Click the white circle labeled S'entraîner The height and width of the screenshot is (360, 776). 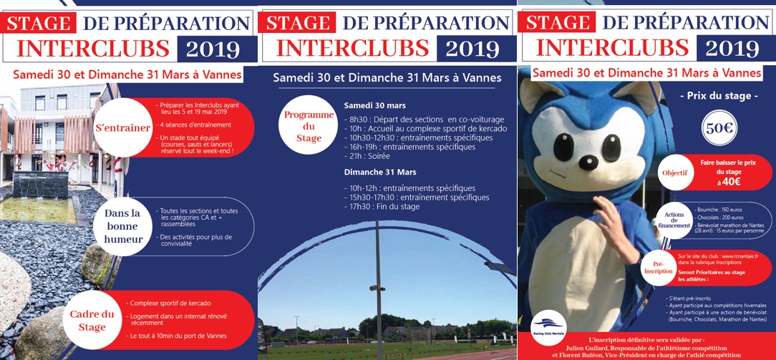point(122,128)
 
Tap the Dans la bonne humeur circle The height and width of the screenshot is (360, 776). point(122,226)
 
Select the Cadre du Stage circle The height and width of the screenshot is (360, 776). point(92,321)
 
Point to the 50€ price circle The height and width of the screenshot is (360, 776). point(719,129)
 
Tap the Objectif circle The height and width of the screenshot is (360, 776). point(675,173)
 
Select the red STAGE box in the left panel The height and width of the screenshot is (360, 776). point(38,23)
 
